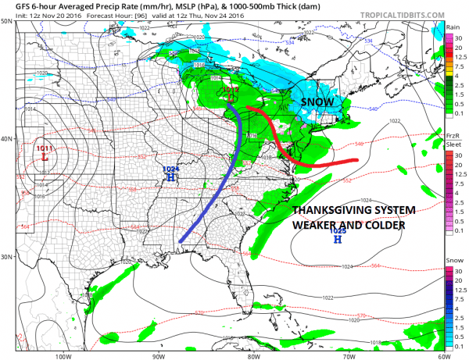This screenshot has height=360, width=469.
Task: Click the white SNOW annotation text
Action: click(x=317, y=102)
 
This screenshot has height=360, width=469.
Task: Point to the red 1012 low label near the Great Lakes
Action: click(x=230, y=90)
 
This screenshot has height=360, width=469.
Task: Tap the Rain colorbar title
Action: click(x=453, y=27)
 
